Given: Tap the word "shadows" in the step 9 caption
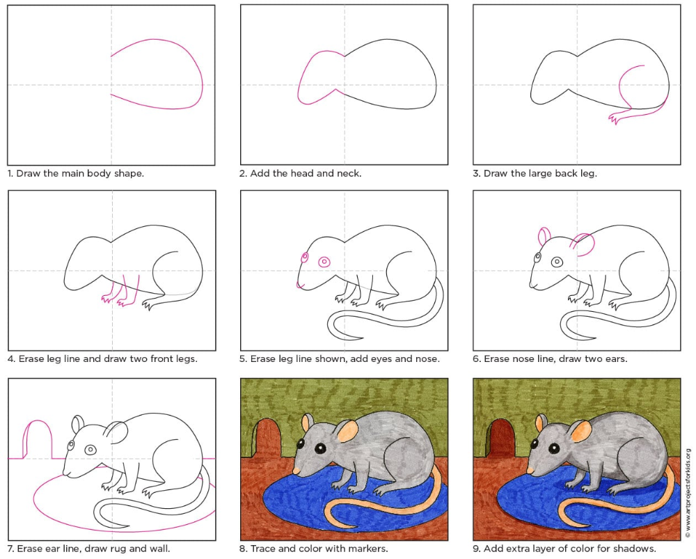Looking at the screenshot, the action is click(635, 549).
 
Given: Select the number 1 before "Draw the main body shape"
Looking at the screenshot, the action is click(10, 173).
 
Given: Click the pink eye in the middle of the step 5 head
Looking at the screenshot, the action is click(324, 262).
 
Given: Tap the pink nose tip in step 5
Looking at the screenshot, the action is click(299, 285).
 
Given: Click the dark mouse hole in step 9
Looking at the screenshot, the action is click(500, 439).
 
